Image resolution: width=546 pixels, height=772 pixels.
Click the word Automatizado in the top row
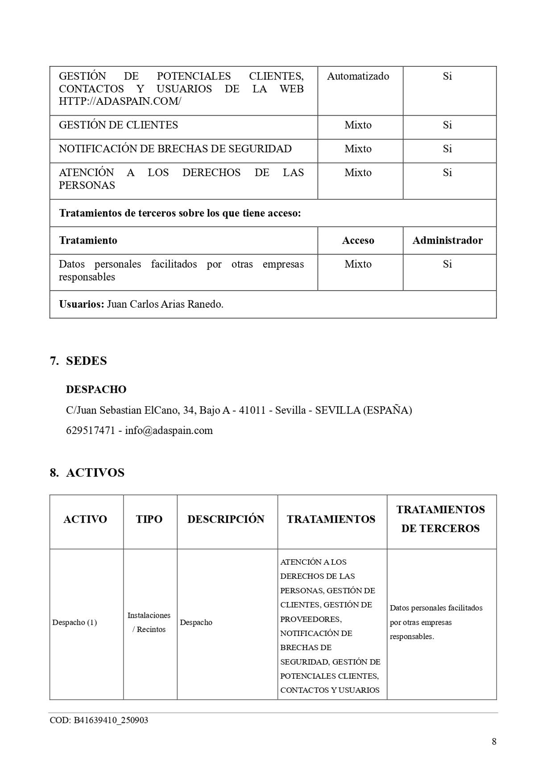(x=358, y=76)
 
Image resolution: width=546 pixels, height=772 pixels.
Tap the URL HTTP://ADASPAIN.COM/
(x=120, y=101)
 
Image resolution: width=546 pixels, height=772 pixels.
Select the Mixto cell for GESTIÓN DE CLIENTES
(x=358, y=125)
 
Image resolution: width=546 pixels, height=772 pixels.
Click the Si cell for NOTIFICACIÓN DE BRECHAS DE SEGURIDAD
(x=447, y=149)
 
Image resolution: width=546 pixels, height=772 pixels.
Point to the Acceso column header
(x=358, y=240)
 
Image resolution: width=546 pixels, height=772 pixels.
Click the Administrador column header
(x=447, y=240)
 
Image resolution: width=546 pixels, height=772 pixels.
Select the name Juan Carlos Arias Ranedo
(x=165, y=304)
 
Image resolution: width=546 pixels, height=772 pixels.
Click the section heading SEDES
(x=86, y=361)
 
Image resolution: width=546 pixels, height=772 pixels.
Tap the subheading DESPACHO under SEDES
(x=96, y=389)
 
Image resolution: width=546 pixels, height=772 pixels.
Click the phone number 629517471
(x=91, y=431)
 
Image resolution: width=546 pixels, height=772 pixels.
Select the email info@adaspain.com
(x=169, y=431)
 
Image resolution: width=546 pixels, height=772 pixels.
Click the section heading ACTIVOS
(x=95, y=473)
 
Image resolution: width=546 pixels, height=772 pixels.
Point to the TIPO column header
(x=149, y=519)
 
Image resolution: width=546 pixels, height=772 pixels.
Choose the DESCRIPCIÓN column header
(x=226, y=519)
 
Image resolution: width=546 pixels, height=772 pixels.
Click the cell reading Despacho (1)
(x=74, y=623)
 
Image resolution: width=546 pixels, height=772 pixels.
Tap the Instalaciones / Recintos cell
(x=149, y=623)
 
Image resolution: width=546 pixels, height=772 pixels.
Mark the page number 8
(x=494, y=742)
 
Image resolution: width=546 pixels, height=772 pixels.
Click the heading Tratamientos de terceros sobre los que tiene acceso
(x=180, y=213)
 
